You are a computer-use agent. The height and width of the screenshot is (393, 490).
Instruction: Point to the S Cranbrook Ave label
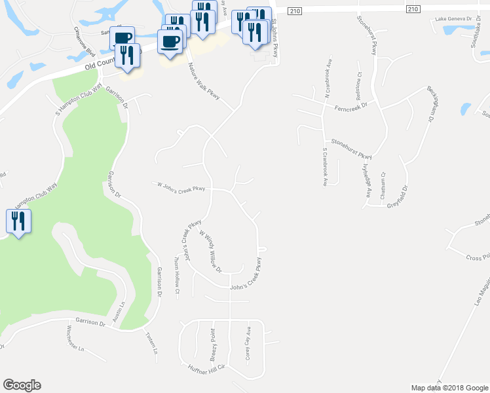pyautogui.click(x=324, y=167)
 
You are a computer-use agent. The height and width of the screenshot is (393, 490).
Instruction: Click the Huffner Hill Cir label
pyautogui.click(x=206, y=369)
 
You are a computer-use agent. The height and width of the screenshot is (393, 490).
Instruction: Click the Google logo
pyautogui.click(x=22, y=385)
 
